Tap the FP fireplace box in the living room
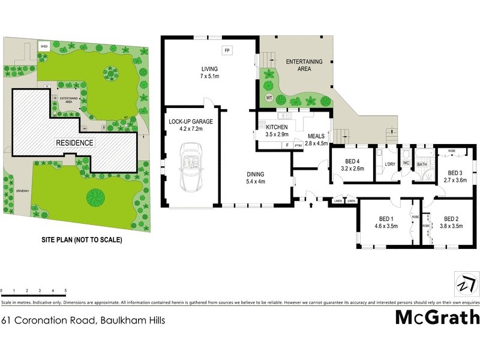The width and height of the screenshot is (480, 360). [x=227, y=50]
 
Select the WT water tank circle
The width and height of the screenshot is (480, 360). [x=269, y=97]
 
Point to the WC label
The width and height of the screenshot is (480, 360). [x=406, y=162]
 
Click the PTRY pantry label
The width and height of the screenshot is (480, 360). [x=298, y=145]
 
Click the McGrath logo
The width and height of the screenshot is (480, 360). [x=437, y=317]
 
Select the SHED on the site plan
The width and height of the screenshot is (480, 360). [x=44, y=46]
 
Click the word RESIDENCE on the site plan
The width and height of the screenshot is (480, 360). [x=75, y=143]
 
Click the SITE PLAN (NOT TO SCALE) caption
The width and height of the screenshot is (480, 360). [x=82, y=240]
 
